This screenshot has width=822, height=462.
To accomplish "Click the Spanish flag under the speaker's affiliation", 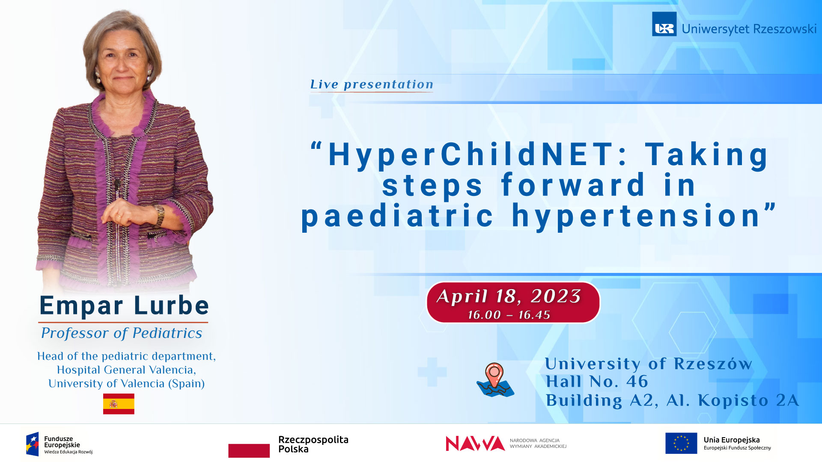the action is coord(119,404).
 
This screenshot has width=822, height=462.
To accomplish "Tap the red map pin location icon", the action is coord(494,375).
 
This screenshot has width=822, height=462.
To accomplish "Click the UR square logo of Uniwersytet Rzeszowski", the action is coord(664,24).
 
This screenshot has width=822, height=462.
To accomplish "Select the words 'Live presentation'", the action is coord(372,84).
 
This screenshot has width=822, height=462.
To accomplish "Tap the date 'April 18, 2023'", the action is coord(509,296).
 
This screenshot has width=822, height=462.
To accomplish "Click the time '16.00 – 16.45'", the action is coord(509,315).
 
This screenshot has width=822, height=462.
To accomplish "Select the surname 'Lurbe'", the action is coord(171,305).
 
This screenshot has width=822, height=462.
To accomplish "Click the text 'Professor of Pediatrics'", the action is coord(122,333).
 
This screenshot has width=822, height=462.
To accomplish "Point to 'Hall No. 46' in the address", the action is coord(597,382).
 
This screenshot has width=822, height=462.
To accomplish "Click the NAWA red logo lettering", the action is coord(475,444).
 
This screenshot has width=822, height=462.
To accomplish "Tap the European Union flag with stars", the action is coord(681,443).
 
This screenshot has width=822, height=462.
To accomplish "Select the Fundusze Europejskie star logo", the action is coord(33,444).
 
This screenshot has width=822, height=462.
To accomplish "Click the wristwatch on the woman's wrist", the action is coord(160,215).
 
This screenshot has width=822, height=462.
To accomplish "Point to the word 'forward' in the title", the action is coord(573,185).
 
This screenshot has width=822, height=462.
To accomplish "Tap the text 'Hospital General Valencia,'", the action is coord(126,370).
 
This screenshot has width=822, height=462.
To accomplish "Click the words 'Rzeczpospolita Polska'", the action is coord(313,444).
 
